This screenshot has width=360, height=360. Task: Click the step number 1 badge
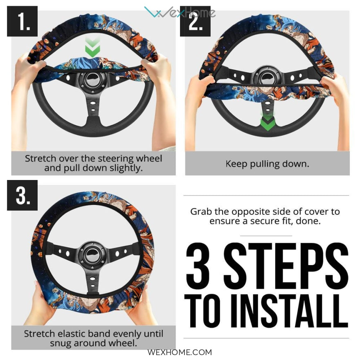point(22,21)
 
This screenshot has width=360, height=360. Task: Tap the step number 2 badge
point(195,21)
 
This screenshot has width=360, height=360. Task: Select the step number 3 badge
point(22,195)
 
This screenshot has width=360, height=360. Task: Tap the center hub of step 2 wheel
point(267,79)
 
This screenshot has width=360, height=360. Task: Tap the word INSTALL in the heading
point(290,311)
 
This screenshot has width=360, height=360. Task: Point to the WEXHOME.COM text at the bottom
point(180,352)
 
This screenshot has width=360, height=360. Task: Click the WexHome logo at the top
point(180,12)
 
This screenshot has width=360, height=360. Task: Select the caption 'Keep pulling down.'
point(267,164)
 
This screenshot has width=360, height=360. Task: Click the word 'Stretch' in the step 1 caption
point(40,158)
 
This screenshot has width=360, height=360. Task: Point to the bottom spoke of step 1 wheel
point(92,108)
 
